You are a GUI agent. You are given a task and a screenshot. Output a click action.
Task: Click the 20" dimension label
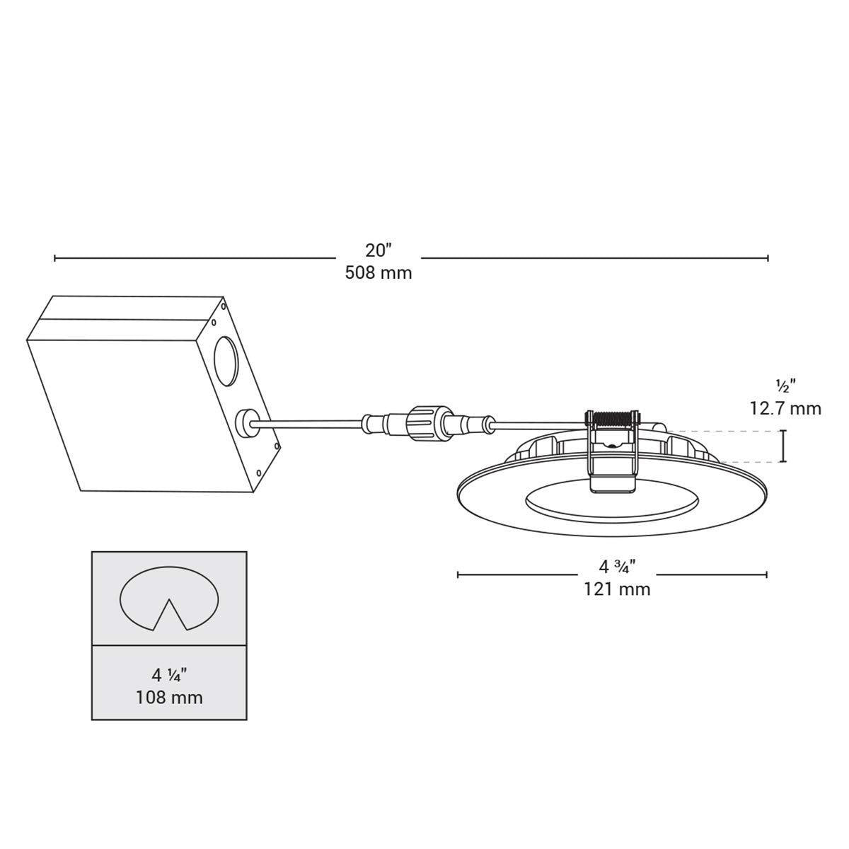pos(379,250)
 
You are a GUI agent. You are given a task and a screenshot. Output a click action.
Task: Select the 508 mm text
pos(379,272)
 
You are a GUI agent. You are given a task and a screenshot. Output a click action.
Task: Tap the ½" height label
pos(785,386)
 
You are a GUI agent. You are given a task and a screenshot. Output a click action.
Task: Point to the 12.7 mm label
pos(785,408)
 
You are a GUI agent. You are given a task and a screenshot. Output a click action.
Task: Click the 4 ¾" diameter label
pos(617,566)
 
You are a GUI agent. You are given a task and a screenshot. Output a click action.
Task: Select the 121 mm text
pos(617,589)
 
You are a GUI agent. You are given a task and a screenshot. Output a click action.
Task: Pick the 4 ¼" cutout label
pos(169,674)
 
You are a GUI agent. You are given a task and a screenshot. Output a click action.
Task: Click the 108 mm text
pos(169,697)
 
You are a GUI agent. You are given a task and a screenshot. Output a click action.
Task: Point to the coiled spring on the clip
pos(613,419)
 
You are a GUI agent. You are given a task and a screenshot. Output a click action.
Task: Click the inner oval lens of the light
pos(612,504)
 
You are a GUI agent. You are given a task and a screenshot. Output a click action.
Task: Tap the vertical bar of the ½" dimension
pos(783,446)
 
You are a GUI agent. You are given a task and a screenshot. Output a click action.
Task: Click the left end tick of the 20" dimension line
pos(55,258)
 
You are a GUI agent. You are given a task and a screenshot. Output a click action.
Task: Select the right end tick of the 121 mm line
pos(768,574)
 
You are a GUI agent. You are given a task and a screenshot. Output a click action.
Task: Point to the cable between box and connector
pos(311,424)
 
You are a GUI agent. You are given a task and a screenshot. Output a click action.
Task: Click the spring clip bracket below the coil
pos(612,463)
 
